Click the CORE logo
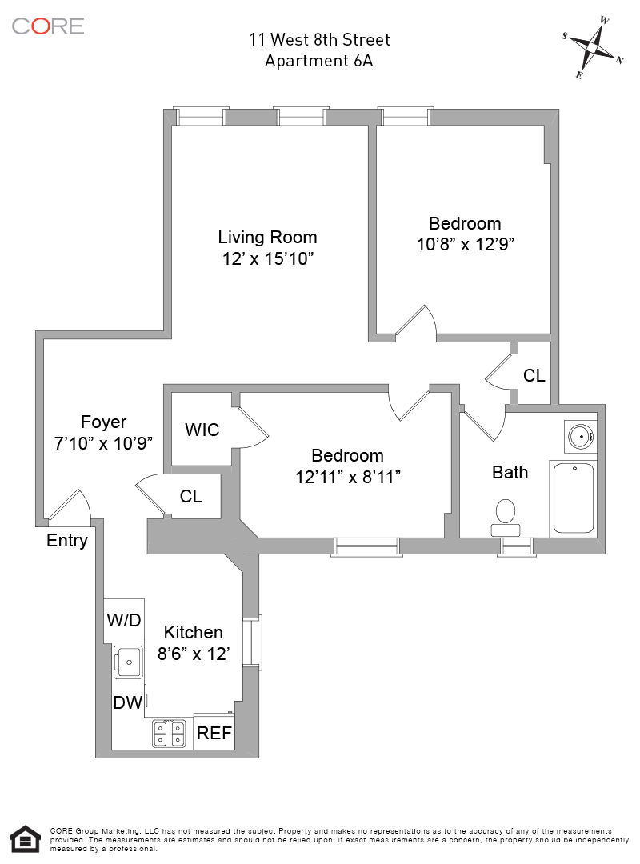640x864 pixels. coord(48,26)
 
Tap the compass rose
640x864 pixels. coord(593,47)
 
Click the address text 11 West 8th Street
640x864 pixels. coord(319,39)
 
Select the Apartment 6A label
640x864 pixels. coord(319,60)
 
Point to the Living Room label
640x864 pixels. coord(267,238)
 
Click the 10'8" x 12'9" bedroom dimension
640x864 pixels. coord(465,245)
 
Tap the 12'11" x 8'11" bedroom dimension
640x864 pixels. coord(347,477)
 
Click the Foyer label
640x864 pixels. coord(103,422)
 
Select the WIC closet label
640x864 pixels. coord(202,430)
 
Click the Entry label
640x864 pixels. coord(67,541)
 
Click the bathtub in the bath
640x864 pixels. coord(573,498)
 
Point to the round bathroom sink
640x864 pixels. coord(580,436)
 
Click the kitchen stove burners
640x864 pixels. coord(169,733)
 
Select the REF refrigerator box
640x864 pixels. coord(214,733)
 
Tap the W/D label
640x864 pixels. coord(124,620)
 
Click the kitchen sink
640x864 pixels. coord(127,662)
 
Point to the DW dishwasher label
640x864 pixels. coord(128,703)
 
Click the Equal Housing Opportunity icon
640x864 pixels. coord(25,839)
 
